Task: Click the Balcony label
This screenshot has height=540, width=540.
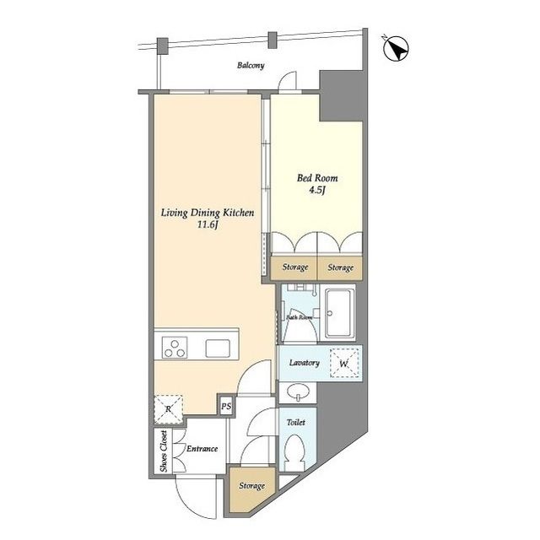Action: (x=251, y=66)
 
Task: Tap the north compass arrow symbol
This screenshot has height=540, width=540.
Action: (x=396, y=48)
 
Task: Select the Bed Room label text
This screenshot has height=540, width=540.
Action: (x=317, y=178)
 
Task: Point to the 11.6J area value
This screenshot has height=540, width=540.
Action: (x=208, y=225)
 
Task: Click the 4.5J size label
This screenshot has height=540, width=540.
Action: (x=317, y=190)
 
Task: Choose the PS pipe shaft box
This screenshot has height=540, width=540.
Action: (x=226, y=407)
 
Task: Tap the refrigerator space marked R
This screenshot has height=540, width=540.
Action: (x=168, y=409)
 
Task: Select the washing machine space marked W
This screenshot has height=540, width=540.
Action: (x=344, y=364)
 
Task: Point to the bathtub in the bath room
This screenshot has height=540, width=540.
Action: (x=340, y=314)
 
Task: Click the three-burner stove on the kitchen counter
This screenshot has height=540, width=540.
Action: (x=175, y=348)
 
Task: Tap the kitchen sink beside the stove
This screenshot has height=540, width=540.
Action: (x=218, y=348)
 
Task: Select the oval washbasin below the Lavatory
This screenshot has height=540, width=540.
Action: (x=297, y=392)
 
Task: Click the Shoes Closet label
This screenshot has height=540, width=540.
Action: (x=163, y=451)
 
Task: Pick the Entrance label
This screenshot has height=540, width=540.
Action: (x=202, y=449)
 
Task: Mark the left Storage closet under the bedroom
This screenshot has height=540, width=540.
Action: (x=294, y=267)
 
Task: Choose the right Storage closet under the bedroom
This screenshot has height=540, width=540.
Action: (x=340, y=267)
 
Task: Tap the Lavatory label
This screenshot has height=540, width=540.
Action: (x=305, y=363)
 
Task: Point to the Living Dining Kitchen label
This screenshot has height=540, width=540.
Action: (x=208, y=213)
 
